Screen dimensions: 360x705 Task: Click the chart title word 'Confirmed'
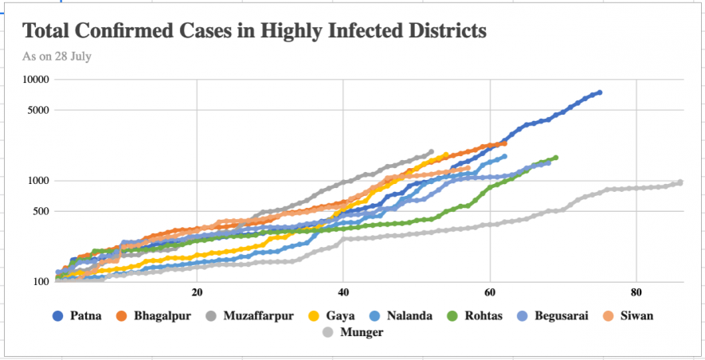click(139, 32)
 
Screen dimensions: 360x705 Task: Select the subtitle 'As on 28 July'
click(57, 57)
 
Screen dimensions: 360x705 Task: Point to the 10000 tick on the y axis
click(35, 80)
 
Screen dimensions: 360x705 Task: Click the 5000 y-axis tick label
click(37, 111)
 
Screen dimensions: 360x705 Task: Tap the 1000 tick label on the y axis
click(37, 181)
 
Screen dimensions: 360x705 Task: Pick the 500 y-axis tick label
click(41, 212)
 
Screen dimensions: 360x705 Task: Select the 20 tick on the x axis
click(197, 292)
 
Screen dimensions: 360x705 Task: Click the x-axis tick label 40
click(343, 292)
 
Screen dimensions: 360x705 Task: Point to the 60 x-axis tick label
click(490, 292)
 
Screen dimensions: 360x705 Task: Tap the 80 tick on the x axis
click(636, 292)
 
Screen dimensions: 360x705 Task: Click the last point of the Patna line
click(600, 92)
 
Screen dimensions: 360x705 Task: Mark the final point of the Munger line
click(680, 182)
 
